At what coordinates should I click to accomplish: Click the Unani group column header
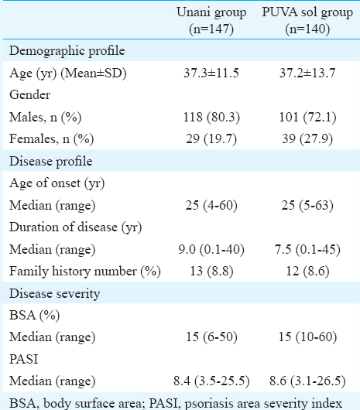[211, 20]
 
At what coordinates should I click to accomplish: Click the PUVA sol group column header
[307, 20]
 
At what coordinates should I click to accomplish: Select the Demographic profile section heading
[67, 51]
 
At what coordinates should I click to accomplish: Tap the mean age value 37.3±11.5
[211, 73]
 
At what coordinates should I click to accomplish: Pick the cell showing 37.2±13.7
[307, 73]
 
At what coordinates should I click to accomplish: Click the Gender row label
[30, 94]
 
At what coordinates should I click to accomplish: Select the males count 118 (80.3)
[211, 117]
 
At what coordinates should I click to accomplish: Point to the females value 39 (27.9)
[307, 138]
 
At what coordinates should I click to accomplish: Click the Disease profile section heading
[51, 161]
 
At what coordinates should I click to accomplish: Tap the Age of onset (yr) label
[57, 183]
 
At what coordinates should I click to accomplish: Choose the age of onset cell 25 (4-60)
[211, 205]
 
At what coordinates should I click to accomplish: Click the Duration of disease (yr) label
[76, 227]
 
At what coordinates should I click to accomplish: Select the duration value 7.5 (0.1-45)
[307, 249]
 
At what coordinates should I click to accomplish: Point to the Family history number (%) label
[85, 272]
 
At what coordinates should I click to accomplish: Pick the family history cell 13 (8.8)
[211, 272]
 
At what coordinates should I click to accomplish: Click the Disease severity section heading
[55, 293]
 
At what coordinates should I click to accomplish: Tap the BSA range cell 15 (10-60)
[307, 337]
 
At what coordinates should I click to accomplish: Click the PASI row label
[24, 359]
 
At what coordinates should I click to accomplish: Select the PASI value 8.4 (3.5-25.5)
[211, 381]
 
